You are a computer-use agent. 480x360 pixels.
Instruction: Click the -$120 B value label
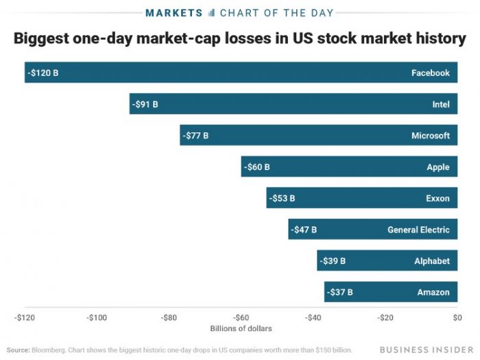point(43,73)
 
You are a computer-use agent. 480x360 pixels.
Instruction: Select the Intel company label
point(441,104)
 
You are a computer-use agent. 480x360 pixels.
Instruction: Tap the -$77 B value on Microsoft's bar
point(196,136)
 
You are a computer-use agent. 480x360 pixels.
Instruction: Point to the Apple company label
point(437,167)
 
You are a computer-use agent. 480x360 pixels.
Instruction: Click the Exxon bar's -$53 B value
point(283,198)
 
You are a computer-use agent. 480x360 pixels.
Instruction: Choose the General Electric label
point(418,230)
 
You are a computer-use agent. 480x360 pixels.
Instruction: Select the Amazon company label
point(433,292)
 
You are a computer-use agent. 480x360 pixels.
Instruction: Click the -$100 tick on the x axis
point(97,317)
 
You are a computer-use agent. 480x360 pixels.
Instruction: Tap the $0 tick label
point(457,317)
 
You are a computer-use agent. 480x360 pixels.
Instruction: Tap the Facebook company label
point(430,73)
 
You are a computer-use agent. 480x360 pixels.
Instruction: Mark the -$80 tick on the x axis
point(169,317)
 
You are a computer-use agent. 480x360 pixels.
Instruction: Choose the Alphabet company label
point(432,261)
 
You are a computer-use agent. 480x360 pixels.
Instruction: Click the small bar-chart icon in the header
point(211,12)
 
